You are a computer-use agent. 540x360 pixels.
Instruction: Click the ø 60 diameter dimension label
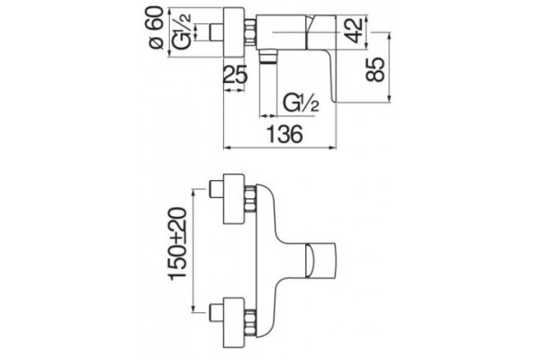(157, 29)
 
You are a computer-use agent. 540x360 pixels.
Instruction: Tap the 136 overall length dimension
(284, 134)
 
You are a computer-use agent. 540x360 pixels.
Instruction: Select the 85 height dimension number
(375, 69)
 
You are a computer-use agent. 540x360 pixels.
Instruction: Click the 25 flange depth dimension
(236, 75)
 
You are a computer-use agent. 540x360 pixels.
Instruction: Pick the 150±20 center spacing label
(177, 242)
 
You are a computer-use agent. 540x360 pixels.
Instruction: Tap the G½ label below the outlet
(301, 103)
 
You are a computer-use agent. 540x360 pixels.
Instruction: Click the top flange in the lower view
(234, 199)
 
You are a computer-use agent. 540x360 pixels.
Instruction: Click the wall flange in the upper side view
(234, 32)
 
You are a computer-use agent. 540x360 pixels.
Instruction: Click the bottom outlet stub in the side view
(268, 58)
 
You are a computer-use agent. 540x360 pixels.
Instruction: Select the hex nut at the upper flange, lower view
(250, 199)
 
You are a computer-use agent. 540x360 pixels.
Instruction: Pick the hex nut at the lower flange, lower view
(250, 322)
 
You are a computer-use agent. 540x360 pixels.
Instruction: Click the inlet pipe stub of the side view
(217, 32)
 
